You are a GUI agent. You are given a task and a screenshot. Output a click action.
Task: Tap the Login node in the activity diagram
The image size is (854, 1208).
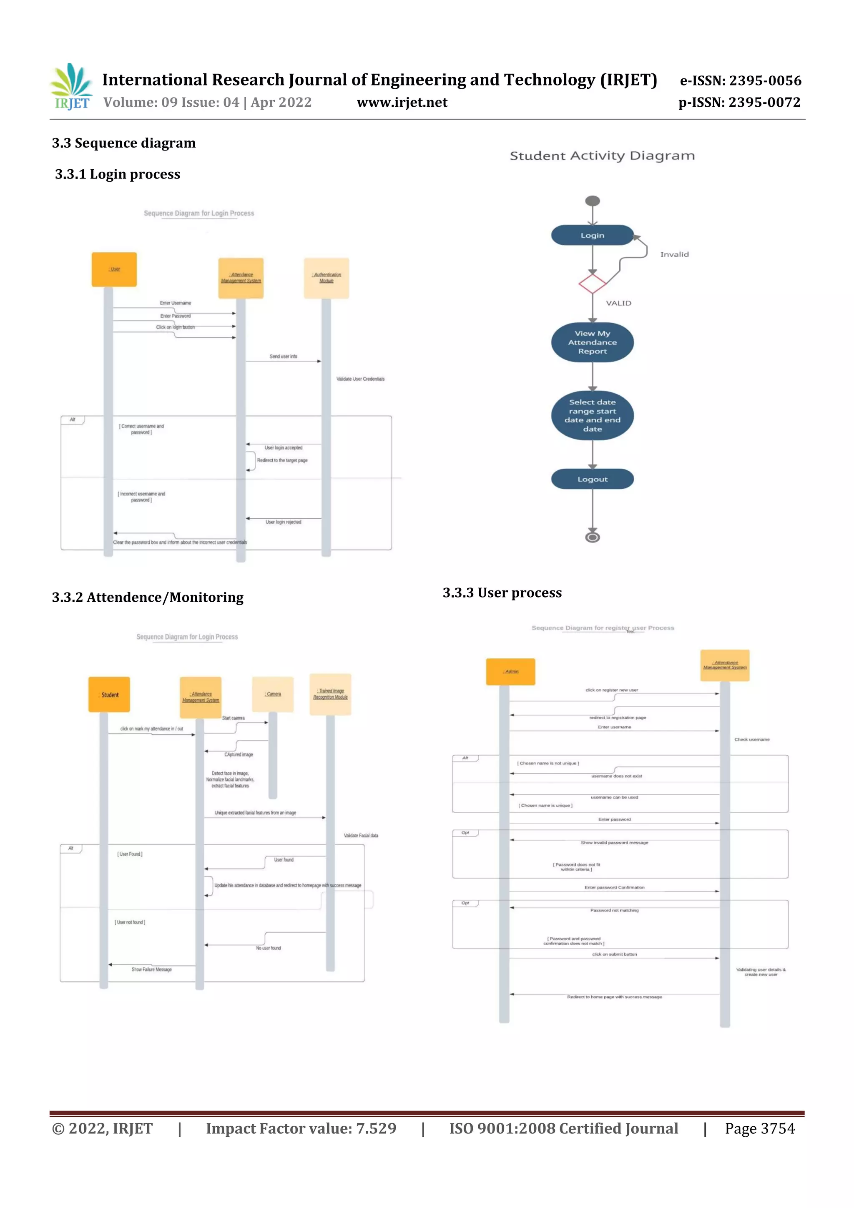[592, 235]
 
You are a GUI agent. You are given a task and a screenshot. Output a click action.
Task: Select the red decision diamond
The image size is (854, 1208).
[592, 284]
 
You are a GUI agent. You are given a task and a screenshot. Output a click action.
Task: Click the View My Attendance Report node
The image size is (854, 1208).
[592, 342]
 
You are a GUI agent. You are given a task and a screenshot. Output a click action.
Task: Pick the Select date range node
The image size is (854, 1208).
[592, 416]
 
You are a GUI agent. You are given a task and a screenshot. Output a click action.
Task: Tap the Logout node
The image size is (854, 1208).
[592, 479]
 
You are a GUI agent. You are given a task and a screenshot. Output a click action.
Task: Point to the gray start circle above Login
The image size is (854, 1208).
[593, 201]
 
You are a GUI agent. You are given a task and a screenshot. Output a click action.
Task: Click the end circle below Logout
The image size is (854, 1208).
[593, 537]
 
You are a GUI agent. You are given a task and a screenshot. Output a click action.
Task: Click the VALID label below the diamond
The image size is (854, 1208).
[618, 304]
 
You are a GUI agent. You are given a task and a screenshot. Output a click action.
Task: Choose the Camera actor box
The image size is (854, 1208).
[273, 694]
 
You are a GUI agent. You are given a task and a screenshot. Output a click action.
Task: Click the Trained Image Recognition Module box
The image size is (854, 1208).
[330, 694]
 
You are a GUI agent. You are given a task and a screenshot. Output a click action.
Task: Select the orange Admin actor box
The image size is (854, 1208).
[510, 672]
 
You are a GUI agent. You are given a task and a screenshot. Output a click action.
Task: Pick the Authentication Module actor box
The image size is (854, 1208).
[326, 278]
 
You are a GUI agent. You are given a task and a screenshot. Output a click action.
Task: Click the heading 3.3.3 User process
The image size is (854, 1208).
[502, 593]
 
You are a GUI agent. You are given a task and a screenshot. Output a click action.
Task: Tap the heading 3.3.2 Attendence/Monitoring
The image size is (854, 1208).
[147, 598]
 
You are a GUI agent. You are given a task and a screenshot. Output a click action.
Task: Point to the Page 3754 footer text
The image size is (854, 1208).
[759, 1128]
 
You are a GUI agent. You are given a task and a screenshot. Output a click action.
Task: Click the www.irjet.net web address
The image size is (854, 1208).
[402, 103]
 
